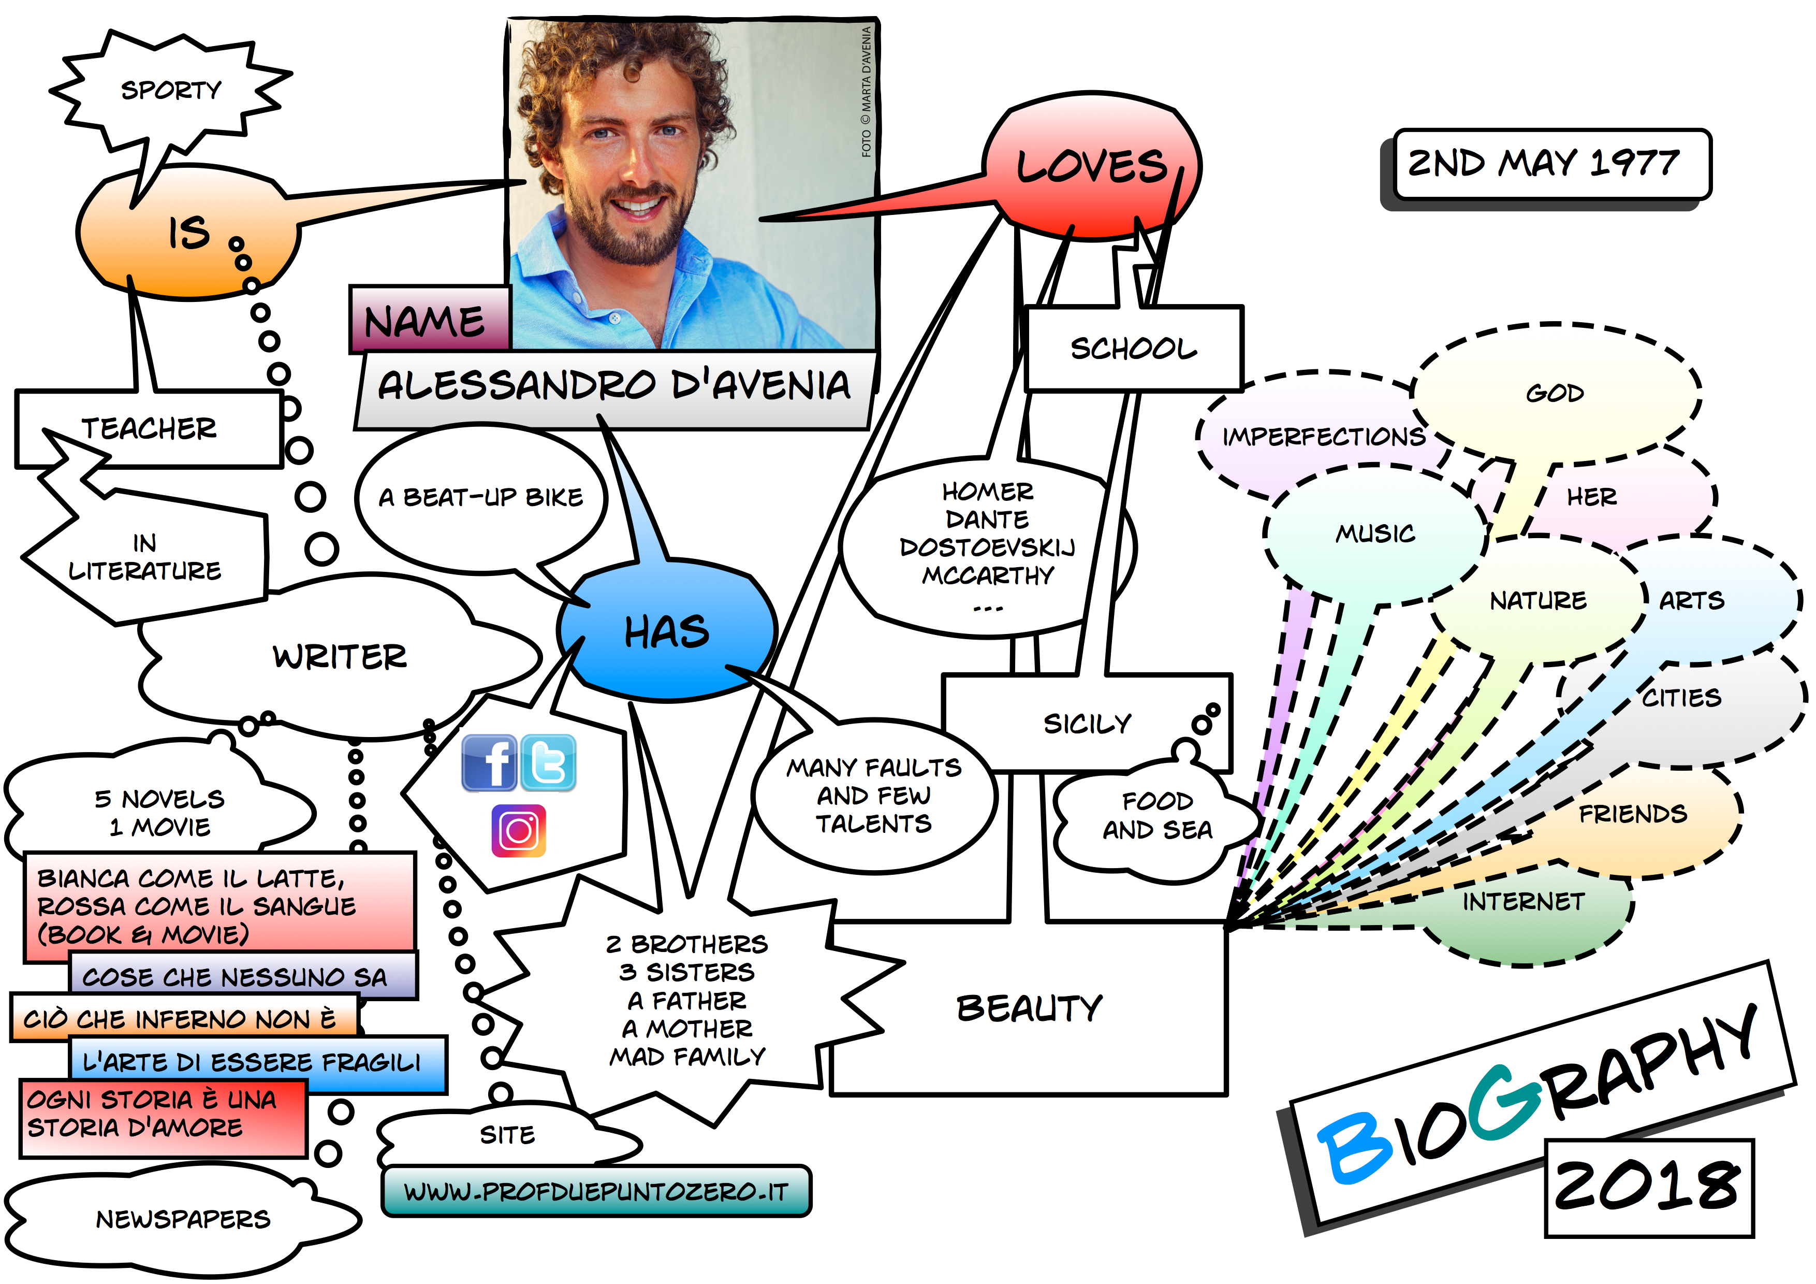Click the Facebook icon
point(489,762)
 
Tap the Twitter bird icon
point(548,762)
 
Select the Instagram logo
point(518,831)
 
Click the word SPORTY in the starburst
point(171,90)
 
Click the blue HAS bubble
point(667,633)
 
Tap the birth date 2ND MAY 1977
point(1544,164)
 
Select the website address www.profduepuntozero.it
point(596,1191)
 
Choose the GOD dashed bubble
point(1555,393)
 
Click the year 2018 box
point(1648,1187)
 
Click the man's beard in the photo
point(633,237)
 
